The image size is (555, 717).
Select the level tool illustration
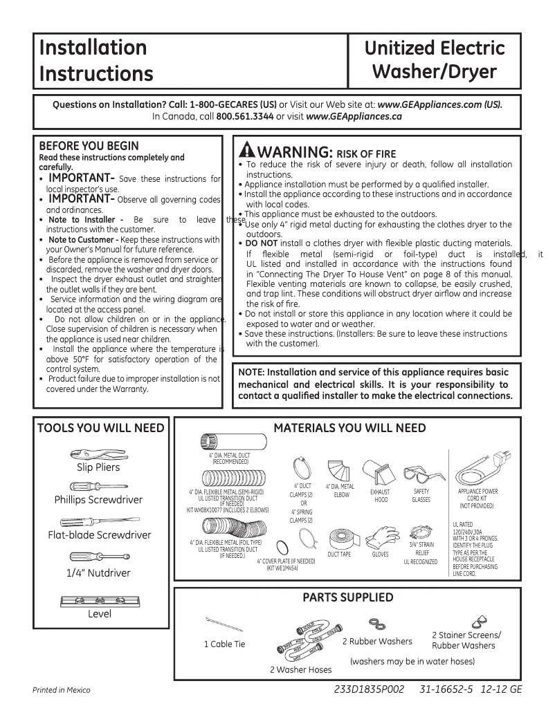(x=98, y=600)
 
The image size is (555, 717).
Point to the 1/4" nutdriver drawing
(x=98, y=557)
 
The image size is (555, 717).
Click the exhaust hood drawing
(x=381, y=474)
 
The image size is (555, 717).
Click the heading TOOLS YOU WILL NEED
(x=101, y=428)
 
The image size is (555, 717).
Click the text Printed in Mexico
(x=62, y=690)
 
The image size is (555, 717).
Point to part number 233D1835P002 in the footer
(x=367, y=689)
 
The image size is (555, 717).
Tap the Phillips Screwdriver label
(x=98, y=500)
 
